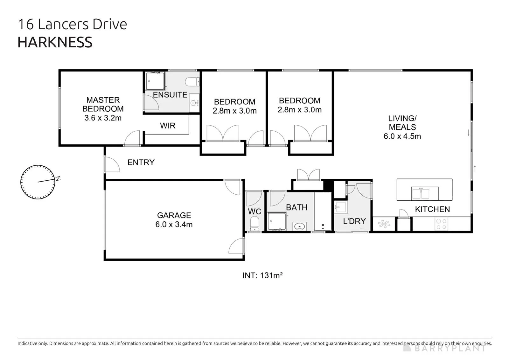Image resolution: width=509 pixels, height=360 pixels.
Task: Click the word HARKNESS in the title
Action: [55, 42]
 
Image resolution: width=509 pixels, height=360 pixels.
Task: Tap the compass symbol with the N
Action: [38, 182]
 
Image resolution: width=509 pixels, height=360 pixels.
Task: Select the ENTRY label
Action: [141, 163]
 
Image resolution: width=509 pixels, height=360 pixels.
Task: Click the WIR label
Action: [168, 126]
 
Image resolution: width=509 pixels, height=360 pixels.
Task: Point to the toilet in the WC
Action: [254, 224]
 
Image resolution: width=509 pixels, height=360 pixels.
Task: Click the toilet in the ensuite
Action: [192, 82]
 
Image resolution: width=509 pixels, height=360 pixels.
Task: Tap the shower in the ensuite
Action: [155, 81]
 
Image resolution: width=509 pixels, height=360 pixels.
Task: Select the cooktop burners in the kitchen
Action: [442, 224]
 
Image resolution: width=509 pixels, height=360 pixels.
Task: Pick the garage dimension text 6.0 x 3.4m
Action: [174, 225]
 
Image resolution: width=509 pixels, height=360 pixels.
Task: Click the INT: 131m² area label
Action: [262, 275]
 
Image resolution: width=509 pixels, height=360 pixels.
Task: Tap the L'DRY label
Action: [354, 221]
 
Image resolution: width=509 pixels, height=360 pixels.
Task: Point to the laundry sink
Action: [341, 207]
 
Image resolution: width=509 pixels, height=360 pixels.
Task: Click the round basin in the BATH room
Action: [299, 226]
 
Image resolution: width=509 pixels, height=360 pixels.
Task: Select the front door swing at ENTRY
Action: [112, 164]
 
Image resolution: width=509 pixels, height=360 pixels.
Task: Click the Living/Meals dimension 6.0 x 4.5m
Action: [402, 136]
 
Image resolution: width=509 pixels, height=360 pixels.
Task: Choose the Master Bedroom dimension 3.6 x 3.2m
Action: [103, 118]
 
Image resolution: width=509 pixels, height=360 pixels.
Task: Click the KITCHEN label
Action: [432, 209]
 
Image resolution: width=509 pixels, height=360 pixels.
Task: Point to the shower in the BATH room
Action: [277, 221]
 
